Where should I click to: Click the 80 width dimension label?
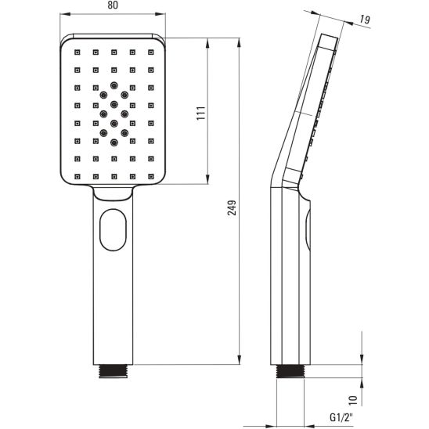pos(113,6)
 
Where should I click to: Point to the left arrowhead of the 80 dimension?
pos(63,14)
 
